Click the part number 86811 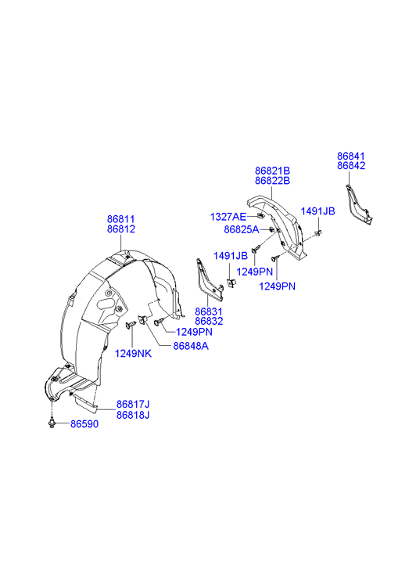point(120,219)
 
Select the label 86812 point(120,229)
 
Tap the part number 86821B point(272,171)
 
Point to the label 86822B point(272,180)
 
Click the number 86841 point(351,156)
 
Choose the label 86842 point(351,165)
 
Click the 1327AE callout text point(228,217)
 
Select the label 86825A point(242,229)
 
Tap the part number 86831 point(209,312)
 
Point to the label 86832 point(209,321)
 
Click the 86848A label point(191,346)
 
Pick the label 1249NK point(133,354)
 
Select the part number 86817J point(133,405)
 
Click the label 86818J point(133,415)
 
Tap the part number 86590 point(84,424)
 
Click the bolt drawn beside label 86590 point(52,423)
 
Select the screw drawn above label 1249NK point(131,325)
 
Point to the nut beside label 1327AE point(260,217)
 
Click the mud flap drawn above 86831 point(210,279)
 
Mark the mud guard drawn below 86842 point(358,204)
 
